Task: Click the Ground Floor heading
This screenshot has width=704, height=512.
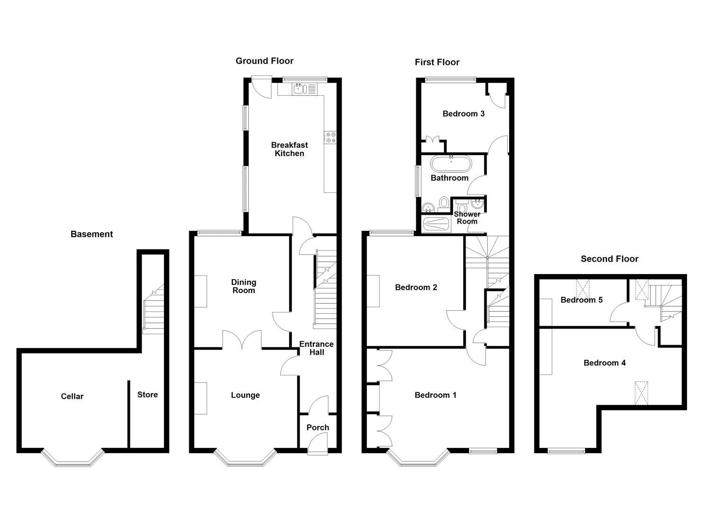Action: [x=265, y=61]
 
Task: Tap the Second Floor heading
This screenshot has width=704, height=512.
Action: [x=609, y=259]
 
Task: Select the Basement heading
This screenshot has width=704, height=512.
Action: [x=91, y=234]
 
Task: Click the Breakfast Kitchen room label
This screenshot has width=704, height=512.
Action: [x=289, y=149]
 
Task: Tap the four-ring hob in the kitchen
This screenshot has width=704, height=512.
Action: [x=330, y=137]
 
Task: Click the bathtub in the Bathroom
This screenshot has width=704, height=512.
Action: [x=451, y=164]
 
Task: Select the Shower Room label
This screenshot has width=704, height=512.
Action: [x=467, y=218]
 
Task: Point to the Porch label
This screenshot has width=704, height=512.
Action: [x=318, y=428]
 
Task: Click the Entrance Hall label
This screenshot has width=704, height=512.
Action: [x=316, y=348]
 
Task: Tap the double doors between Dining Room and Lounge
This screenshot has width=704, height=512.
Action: [x=242, y=340]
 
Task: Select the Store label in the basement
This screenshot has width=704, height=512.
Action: [x=147, y=394]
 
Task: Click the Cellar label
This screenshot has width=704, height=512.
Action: [x=72, y=396]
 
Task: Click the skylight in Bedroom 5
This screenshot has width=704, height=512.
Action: [x=582, y=287]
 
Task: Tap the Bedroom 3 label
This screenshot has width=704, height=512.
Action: [x=463, y=114]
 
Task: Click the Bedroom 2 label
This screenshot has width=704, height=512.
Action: [x=416, y=287]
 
